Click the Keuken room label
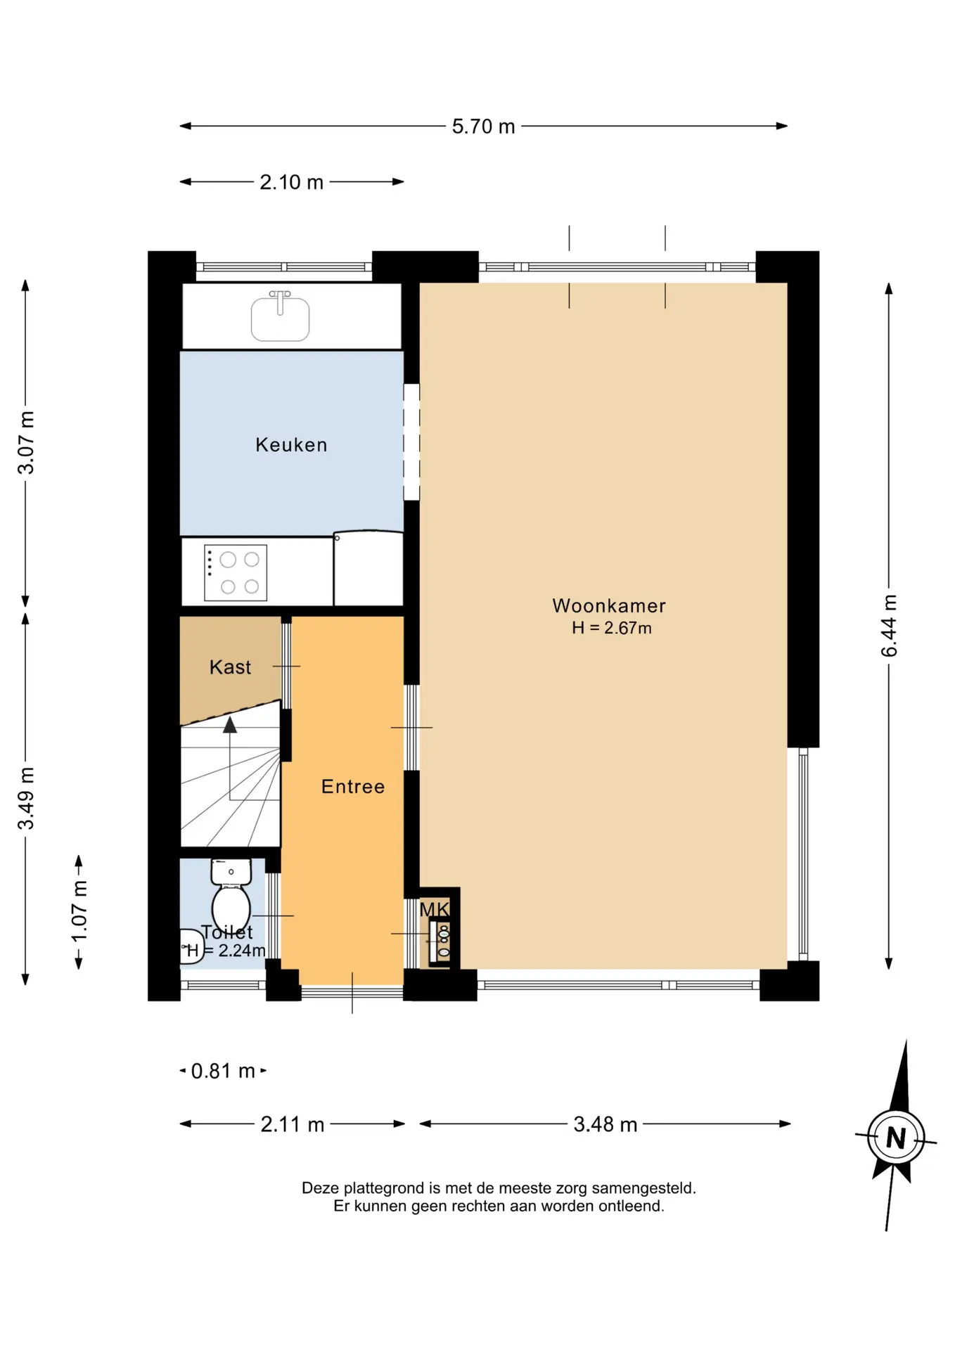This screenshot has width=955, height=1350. [291, 444]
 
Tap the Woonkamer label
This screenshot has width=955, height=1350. [609, 605]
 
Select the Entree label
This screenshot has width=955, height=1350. [353, 786]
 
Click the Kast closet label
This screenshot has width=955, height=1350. [230, 667]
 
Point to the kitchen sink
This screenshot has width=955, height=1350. [280, 317]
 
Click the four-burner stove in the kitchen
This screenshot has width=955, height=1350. [236, 573]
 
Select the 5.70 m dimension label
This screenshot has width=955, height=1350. [483, 127]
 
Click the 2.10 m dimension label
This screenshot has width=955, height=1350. [291, 182]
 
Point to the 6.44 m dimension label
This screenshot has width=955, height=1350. [889, 626]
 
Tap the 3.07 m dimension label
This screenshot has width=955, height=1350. [26, 442]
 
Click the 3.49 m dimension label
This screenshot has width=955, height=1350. [26, 798]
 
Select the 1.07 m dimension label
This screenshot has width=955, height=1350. [79, 911]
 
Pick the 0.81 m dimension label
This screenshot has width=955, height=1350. [223, 1071]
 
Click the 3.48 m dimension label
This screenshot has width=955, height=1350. [605, 1124]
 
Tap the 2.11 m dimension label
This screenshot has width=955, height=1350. [293, 1124]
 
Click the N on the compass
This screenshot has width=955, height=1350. [895, 1138]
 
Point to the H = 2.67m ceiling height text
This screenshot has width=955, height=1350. [611, 628]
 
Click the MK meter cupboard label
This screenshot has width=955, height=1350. [434, 910]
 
